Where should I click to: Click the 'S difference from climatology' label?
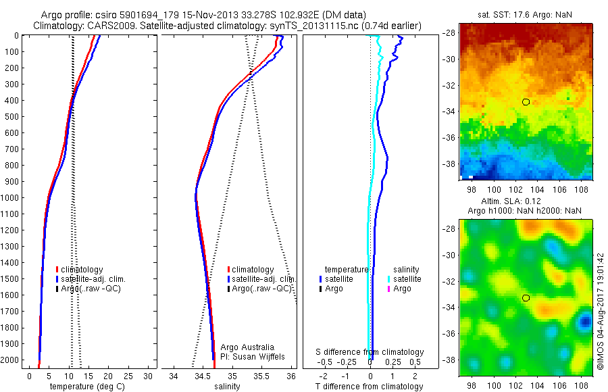(x=370, y=352)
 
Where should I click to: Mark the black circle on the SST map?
(x=526, y=102)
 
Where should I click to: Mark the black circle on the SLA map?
(x=526, y=297)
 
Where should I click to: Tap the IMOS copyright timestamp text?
(x=601, y=312)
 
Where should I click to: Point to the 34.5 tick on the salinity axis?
(x=203, y=375)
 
